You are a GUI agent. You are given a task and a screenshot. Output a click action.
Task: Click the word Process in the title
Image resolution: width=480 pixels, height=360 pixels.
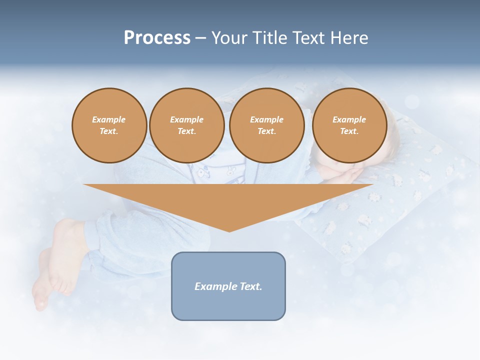pyautogui.click(x=157, y=38)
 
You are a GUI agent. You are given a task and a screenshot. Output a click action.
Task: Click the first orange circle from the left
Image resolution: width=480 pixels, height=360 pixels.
pyautogui.click(x=109, y=125)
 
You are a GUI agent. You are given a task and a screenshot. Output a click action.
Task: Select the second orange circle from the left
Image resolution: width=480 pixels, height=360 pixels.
pyautogui.click(x=186, y=125)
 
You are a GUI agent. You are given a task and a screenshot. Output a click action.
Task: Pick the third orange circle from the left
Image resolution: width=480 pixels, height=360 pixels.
pyautogui.click(x=266, y=125)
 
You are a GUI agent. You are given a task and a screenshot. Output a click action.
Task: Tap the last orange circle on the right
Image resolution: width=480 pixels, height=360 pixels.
pyautogui.click(x=349, y=125)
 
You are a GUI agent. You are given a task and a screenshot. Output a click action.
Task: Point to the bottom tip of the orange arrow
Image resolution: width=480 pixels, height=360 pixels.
pyautogui.click(x=229, y=231)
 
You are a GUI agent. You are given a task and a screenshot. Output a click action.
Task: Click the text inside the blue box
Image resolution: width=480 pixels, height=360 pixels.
pyautogui.click(x=228, y=286)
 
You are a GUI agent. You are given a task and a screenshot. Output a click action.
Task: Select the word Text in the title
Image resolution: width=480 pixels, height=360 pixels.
pyautogui.click(x=309, y=38)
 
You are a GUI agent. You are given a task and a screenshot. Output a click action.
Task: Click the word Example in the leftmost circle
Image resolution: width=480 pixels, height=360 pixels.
pyautogui.click(x=109, y=119)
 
